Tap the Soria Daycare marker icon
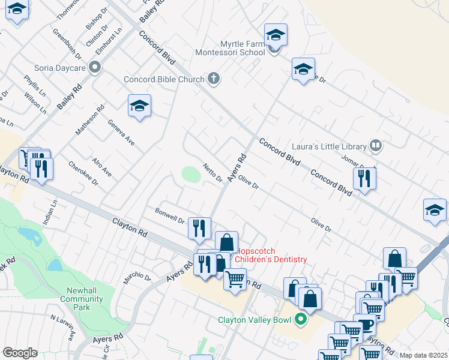pos(94,68)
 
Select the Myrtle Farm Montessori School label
pos(230,49)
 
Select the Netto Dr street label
pos(213,173)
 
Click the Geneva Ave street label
pos(121,133)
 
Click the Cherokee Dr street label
pos(83,173)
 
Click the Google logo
pos(20,353)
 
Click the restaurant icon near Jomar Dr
pos(364,178)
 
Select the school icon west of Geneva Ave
pos(139,106)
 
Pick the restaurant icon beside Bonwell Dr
pos(199,227)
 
